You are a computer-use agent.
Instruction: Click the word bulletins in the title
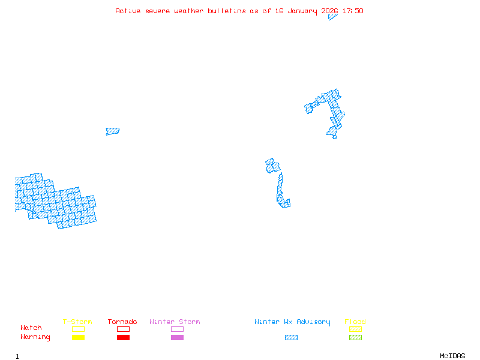coord(227,11)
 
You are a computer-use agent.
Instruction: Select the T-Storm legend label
coord(77,322)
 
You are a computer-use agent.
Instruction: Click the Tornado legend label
coord(122,322)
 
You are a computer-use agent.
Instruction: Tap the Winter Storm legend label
coord(175,322)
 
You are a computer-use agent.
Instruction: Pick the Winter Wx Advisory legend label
coord(292,322)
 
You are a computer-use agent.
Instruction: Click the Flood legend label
coord(355,322)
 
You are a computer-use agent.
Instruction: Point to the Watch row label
coord(31,328)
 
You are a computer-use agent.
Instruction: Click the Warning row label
coord(35,337)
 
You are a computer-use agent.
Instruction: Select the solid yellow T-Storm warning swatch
coord(78,338)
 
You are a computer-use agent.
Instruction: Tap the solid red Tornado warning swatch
coord(123,338)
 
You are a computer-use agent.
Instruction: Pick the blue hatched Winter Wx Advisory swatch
coord(291,338)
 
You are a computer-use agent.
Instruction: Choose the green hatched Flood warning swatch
coord(355,338)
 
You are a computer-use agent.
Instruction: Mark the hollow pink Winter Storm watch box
coord(177,329)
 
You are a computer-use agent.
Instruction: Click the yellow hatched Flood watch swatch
coord(355,329)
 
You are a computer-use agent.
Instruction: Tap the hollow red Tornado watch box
coord(123,329)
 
